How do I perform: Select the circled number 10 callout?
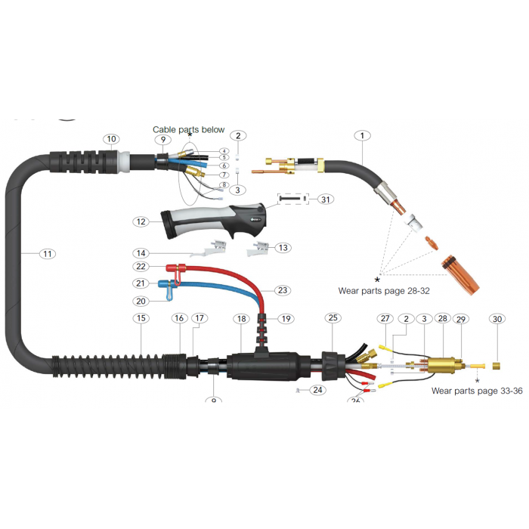[x=112, y=139]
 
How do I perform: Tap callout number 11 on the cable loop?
[x=48, y=254]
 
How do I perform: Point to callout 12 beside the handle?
[x=141, y=221]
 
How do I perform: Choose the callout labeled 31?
[x=325, y=199]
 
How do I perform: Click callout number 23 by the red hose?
[x=282, y=289]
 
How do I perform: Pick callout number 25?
[x=333, y=319]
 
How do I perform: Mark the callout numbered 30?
[x=497, y=319]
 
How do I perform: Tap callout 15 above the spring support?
[x=141, y=319]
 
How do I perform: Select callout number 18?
[x=240, y=319]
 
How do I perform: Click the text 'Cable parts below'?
[x=189, y=130]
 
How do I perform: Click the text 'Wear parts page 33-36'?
[x=476, y=391]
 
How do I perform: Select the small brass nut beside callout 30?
[x=497, y=366]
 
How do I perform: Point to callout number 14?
[x=141, y=252]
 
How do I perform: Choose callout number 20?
[x=141, y=301]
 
